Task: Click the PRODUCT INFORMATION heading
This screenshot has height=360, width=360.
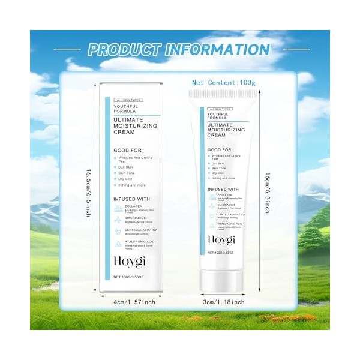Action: [x=179, y=49]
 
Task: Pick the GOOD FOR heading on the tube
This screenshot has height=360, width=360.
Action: [x=219, y=149]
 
